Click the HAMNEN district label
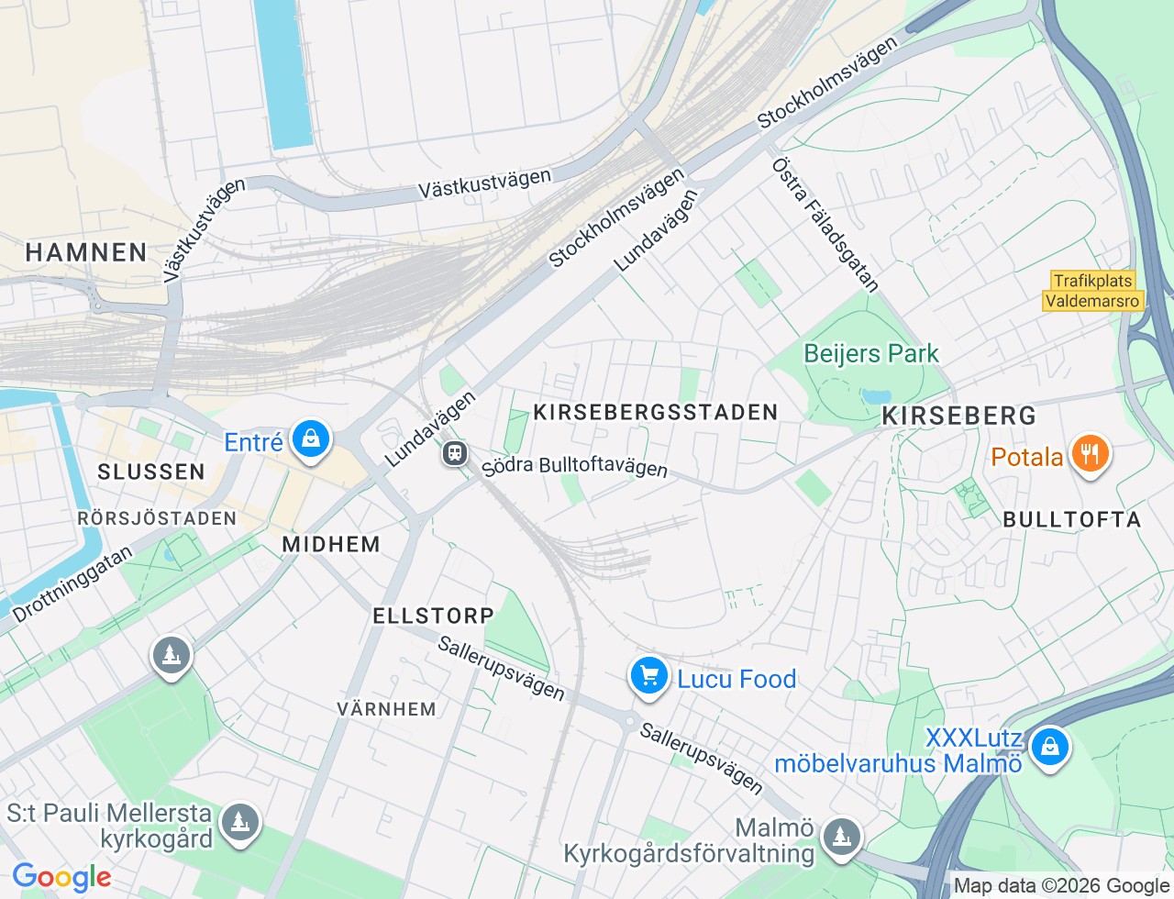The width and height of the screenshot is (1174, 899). [86, 252]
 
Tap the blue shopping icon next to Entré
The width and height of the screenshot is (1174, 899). [311, 439]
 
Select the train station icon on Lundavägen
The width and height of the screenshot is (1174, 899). [455, 452]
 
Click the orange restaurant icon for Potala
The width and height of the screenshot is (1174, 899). [1090, 454]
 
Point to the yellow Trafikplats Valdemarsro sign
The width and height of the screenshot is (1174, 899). [1093, 291]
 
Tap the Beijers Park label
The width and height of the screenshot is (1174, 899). [870, 353]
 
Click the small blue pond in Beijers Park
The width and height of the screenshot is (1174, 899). [870, 396]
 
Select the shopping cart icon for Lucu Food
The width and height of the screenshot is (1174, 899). [649, 677]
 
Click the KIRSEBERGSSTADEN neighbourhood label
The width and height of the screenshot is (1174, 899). [655, 413]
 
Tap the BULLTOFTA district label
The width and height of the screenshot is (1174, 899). [1071, 519]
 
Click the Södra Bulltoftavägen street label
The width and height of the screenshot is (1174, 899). [575, 466]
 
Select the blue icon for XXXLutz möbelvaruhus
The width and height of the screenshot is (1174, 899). [1049, 748]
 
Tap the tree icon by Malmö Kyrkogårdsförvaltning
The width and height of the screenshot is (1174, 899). [840, 837]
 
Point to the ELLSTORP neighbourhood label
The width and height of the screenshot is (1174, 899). [433, 616]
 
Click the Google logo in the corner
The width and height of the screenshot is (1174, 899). [61, 877]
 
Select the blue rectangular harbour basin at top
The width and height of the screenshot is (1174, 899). [283, 73]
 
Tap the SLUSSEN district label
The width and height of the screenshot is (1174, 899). [151, 472]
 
